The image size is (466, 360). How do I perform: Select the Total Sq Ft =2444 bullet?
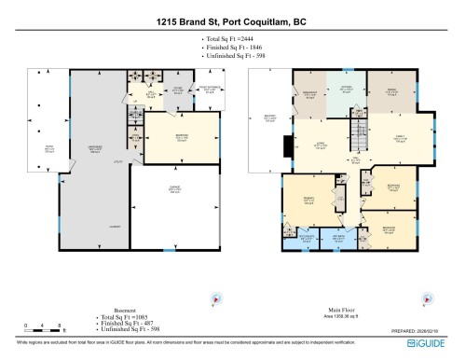(223, 38)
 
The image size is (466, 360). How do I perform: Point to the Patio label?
(35, 148)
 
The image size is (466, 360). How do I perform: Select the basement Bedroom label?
(171, 138)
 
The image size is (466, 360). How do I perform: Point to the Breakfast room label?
(311, 94)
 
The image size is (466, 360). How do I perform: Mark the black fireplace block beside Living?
(287, 145)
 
